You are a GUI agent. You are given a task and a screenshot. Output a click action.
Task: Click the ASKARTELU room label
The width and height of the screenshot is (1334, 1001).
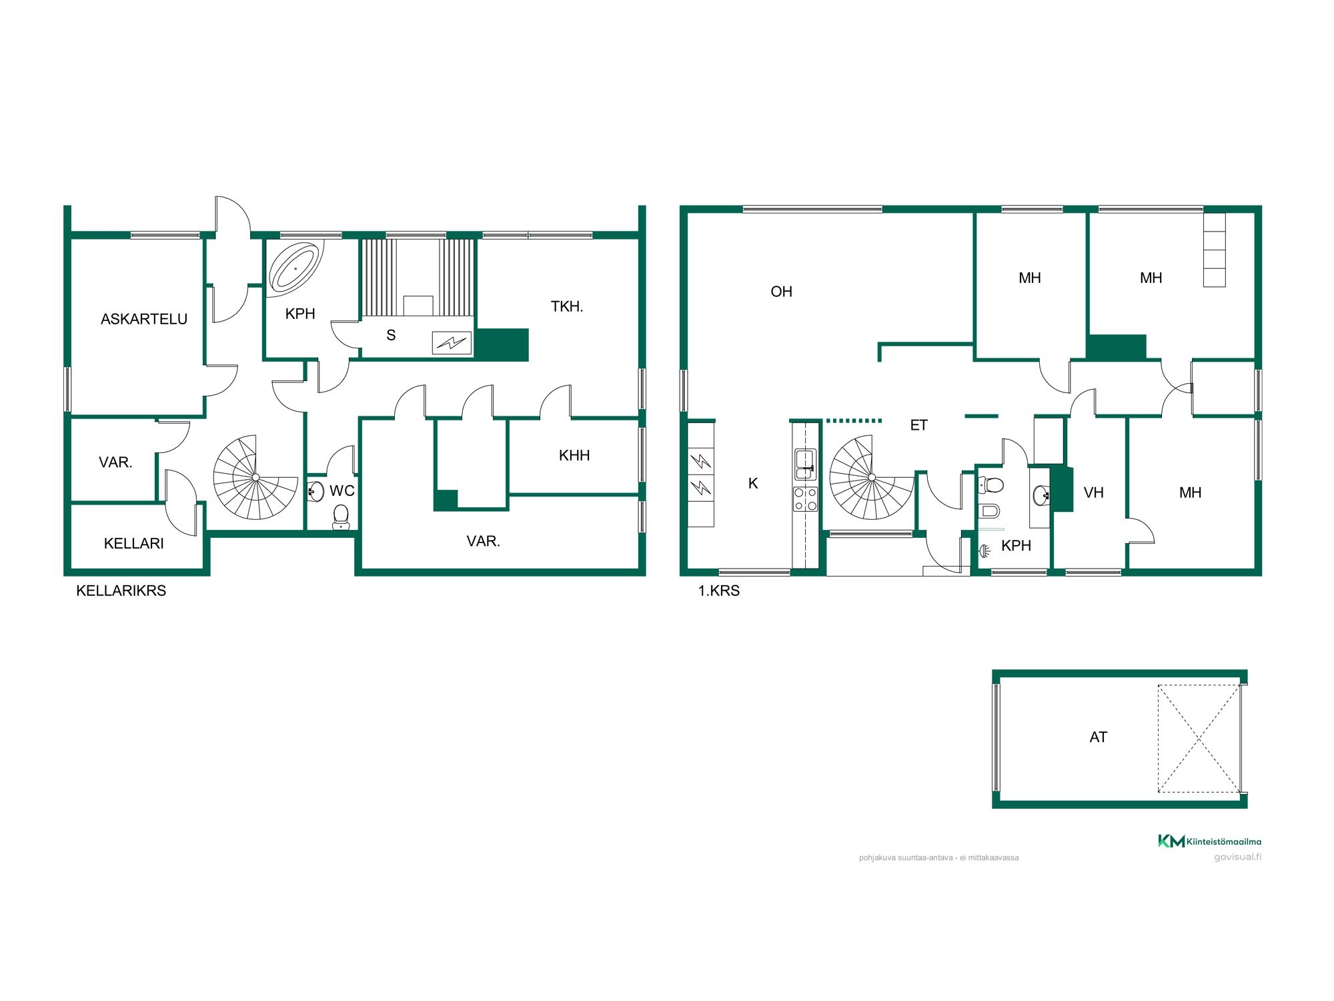pos(144,319)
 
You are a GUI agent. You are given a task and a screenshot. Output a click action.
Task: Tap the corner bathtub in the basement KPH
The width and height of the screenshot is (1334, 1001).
pos(295,268)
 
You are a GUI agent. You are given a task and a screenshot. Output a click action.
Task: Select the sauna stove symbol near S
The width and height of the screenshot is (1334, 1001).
pos(452,343)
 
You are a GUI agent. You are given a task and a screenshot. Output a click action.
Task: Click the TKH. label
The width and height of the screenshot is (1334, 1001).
pos(567,306)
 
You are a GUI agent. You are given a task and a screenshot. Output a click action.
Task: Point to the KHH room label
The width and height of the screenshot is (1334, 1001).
pos(574,456)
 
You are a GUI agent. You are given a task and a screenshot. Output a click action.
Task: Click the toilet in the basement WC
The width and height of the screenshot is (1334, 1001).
pos(341,517)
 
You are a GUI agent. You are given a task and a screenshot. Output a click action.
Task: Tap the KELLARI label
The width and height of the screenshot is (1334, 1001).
pos(134,543)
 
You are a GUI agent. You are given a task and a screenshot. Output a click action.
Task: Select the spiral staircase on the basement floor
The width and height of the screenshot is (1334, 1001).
pos(255,477)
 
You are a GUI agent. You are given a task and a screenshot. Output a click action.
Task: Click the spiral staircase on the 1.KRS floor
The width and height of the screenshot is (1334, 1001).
pos(872,477)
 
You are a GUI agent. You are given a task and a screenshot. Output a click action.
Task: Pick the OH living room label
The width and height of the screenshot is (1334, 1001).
pos(781,292)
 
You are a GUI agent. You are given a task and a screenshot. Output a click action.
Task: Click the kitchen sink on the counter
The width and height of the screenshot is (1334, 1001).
pos(805,464)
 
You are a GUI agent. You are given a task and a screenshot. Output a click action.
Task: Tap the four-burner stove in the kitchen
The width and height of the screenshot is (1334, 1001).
pos(805,499)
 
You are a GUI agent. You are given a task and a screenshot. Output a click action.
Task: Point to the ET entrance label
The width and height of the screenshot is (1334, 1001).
pos(918,425)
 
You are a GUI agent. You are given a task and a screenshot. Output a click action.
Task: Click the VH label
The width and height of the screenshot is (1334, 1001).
pos(1093,492)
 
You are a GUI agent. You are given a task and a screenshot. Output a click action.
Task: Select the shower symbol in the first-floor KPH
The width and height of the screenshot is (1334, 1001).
pos(984,551)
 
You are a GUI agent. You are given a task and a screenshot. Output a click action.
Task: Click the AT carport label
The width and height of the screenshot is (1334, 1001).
pos(1098,737)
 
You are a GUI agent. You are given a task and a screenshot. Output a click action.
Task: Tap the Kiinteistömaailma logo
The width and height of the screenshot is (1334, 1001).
pos(1209,841)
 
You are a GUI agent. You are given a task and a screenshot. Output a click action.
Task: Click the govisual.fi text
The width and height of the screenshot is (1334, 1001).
pos(1237,857)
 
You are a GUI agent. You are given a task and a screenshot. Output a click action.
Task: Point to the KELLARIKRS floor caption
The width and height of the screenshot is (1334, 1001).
pos(121,591)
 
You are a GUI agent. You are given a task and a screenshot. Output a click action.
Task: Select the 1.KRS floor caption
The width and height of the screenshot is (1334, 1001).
pos(718,591)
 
